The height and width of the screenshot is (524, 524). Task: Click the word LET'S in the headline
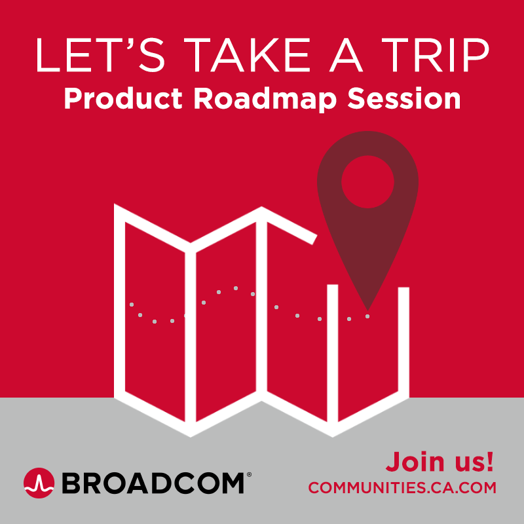(100, 55)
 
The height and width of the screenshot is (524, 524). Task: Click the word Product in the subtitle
(123, 99)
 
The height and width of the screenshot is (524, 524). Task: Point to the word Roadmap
(265, 100)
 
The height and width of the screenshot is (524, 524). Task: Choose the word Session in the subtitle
(404, 99)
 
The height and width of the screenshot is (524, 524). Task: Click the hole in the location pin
(367, 182)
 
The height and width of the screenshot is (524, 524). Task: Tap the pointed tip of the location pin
(367, 310)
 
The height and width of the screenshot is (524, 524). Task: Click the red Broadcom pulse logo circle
(39, 483)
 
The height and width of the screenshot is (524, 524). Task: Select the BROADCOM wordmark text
(153, 483)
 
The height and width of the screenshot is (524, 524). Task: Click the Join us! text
(440, 462)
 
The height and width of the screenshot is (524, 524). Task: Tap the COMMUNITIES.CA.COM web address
(402, 487)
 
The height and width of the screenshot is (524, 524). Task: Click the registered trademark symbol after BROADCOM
(249, 474)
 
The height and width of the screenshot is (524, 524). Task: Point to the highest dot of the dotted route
(236, 288)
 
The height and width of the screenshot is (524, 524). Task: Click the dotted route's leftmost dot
(132, 305)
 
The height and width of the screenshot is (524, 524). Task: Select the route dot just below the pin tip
(367, 316)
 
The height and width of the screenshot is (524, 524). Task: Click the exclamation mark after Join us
(490, 462)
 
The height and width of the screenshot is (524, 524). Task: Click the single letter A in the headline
(346, 55)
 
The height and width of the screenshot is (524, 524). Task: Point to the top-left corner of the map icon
(114, 204)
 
